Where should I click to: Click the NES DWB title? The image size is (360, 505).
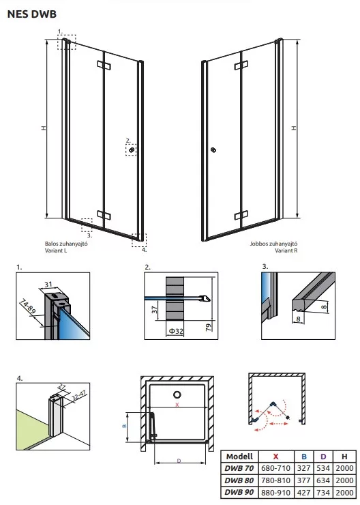32,14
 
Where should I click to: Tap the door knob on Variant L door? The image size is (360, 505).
132,149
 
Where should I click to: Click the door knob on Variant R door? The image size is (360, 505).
213,149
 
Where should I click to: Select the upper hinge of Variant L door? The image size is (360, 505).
104,65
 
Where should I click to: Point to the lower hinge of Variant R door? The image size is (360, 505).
241,216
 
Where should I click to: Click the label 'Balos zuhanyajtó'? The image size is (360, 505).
66,244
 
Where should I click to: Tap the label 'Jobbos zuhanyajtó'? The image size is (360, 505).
273,244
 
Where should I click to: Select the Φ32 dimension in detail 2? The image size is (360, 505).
176,331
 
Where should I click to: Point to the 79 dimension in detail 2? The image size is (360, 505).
209,327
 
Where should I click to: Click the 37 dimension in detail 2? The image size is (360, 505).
154,310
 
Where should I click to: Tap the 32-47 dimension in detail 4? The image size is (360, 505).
78,395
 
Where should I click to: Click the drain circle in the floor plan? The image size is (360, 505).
177,394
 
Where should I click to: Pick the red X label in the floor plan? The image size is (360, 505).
177,405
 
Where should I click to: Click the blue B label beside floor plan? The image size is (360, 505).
124,426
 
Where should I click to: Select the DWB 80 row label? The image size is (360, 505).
239,480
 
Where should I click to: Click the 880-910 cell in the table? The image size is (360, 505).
275,493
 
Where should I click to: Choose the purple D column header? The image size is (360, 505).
323,457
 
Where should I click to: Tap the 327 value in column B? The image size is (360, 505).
304,468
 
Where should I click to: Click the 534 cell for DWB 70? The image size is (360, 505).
323,468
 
